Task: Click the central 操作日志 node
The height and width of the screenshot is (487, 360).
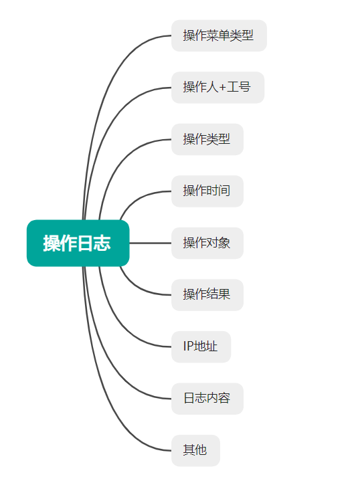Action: click(x=78, y=243)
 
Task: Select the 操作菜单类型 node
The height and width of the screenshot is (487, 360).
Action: click(x=219, y=35)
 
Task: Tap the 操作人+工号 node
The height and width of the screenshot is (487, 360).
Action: click(x=217, y=87)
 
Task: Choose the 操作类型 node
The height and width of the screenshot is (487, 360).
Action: click(x=207, y=139)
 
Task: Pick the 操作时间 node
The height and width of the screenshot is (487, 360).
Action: click(x=207, y=191)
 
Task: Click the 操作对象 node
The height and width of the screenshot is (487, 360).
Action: click(x=207, y=243)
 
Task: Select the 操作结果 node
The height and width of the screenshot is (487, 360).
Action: click(x=207, y=295)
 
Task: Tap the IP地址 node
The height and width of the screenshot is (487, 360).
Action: click(x=201, y=347)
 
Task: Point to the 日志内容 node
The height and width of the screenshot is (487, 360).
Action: click(x=207, y=399)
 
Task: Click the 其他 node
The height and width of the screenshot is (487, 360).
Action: click(x=195, y=450)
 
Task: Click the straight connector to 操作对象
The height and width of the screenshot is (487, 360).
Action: click(x=151, y=243)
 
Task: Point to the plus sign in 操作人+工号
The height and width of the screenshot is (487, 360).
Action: click(x=222, y=88)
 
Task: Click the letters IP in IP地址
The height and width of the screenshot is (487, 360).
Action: click(x=187, y=346)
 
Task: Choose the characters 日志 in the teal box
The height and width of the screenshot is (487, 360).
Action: click(x=94, y=243)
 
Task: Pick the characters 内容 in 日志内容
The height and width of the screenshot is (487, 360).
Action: click(x=219, y=398)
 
